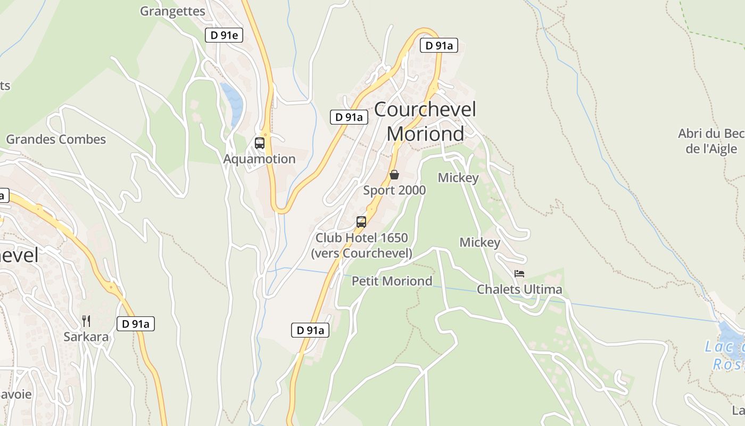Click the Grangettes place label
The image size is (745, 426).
click(x=172, y=11)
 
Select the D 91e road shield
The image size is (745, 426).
click(x=224, y=36)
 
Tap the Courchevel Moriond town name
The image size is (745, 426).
click(x=425, y=121)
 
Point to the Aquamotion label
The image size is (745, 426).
click(x=259, y=159)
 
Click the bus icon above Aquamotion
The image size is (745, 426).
click(x=260, y=143)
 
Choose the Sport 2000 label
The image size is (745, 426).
click(x=394, y=190)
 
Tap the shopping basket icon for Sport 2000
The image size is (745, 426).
click(x=394, y=175)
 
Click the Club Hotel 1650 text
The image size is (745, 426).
click(x=361, y=237)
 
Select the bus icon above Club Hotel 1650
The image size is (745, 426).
click(x=361, y=222)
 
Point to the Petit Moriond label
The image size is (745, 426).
click(x=392, y=281)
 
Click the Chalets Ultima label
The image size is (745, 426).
click(x=519, y=289)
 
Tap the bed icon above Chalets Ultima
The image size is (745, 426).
click(x=519, y=274)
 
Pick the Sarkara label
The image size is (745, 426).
click(x=86, y=337)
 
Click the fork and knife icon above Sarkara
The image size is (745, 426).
click(x=86, y=321)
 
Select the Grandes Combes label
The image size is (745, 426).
click(x=56, y=140)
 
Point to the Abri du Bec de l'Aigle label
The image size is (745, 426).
click(x=711, y=141)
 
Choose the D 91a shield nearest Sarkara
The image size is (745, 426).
click(x=136, y=323)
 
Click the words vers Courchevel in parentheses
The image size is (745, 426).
click(x=361, y=253)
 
